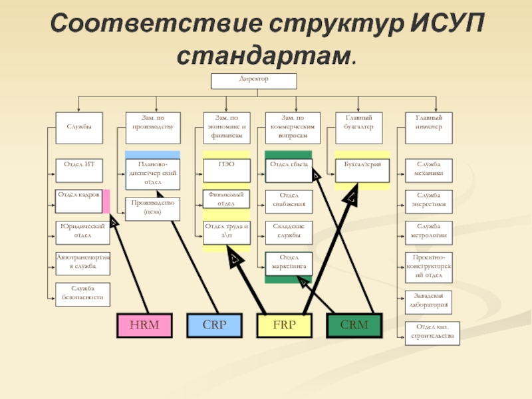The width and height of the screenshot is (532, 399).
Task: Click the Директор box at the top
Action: (x=254, y=80)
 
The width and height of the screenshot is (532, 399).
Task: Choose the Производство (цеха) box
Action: (x=153, y=208)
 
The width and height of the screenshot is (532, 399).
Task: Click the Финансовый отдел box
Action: (x=226, y=199)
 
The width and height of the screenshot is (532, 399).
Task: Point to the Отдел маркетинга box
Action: (x=289, y=262)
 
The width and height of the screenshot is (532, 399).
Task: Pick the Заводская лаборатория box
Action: (x=428, y=300)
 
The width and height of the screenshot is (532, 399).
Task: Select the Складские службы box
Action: (x=289, y=231)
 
